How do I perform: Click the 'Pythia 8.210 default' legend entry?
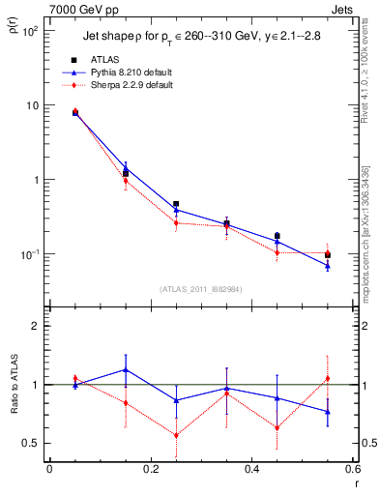pos(132,73)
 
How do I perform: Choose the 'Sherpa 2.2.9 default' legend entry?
pos(132,85)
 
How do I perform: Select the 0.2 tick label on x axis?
pos(150,469)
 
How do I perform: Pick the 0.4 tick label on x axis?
pos(251,469)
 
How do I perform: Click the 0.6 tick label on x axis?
pos(352,469)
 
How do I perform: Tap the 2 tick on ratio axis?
pos(37,327)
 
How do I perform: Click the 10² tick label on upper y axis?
pos(28,31)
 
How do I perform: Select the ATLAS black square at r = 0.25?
pos(176,205)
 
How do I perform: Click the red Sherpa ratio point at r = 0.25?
pos(176,435)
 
